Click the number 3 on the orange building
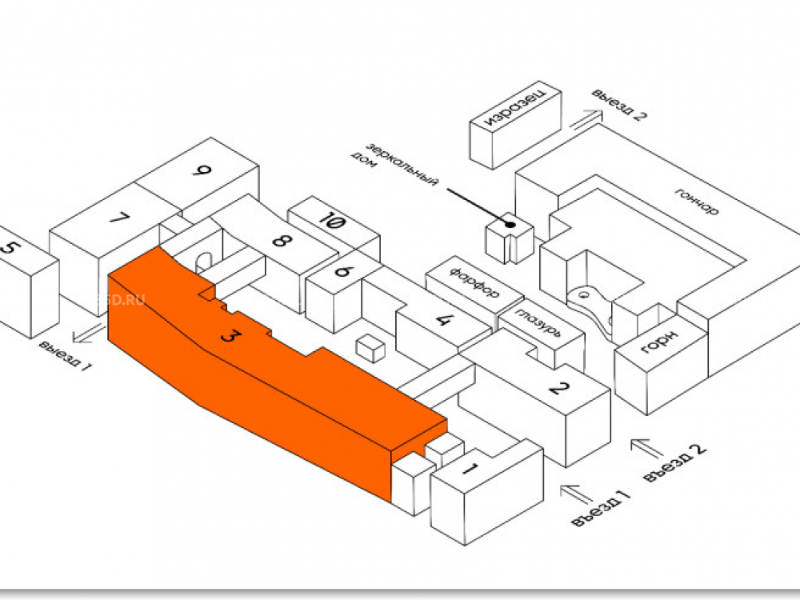[x=229, y=337]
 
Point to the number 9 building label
[x=203, y=170]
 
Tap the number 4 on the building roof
[x=443, y=320]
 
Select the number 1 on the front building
[x=472, y=468]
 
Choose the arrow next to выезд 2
[x=585, y=120]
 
